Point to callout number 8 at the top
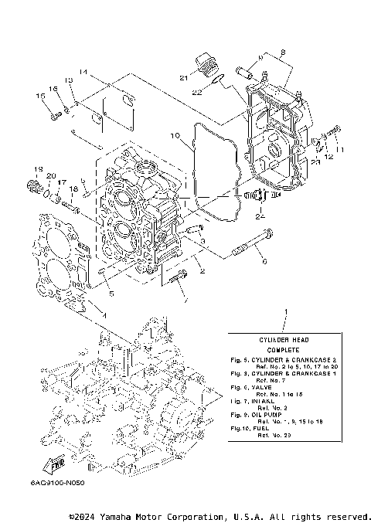click(x=282, y=53)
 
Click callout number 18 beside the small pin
click(x=73, y=188)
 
